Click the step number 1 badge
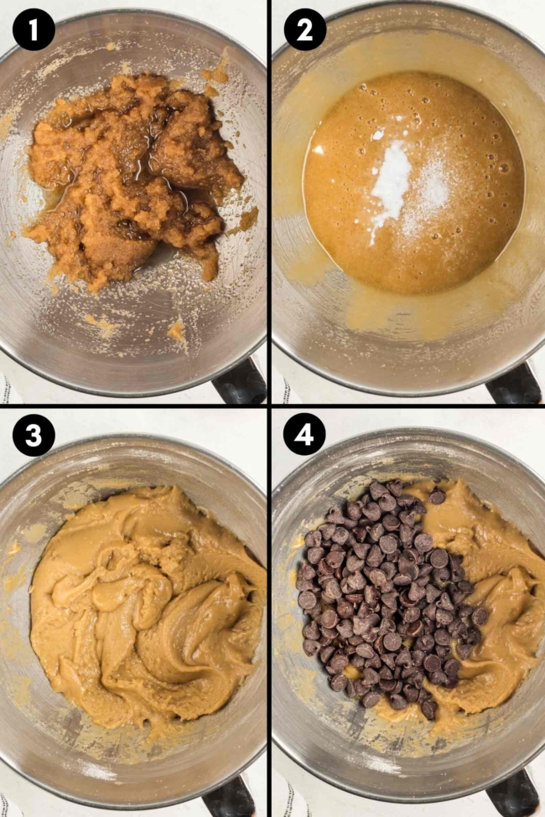[x=34, y=31]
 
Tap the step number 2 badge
[x=305, y=31]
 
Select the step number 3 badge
[x=34, y=436]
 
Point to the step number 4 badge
[x=305, y=436]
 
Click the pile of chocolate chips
[x=386, y=595]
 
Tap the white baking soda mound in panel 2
[x=391, y=189]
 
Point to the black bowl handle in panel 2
[x=513, y=385]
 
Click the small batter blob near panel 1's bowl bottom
[x=177, y=332]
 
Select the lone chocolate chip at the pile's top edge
[x=437, y=497]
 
